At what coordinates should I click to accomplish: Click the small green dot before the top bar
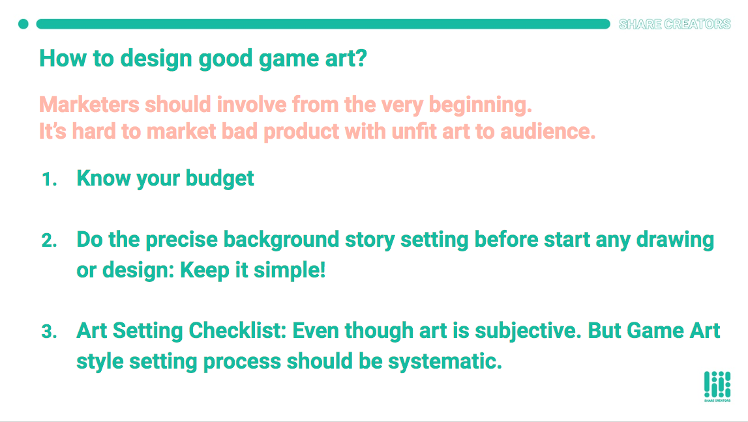click(x=23, y=24)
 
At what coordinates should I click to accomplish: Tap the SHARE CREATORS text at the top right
click(x=674, y=24)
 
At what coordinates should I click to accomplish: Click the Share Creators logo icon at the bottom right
click(x=717, y=386)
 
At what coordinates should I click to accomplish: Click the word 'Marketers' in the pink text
click(x=89, y=104)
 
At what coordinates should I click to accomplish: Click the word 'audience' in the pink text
click(x=548, y=132)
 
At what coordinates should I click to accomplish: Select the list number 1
click(x=50, y=180)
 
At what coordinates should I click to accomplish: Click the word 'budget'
click(x=219, y=178)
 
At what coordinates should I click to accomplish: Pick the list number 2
click(x=49, y=240)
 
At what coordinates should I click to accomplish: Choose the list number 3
click(x=49, y=331)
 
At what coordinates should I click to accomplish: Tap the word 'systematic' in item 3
click(x=445, y=361)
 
